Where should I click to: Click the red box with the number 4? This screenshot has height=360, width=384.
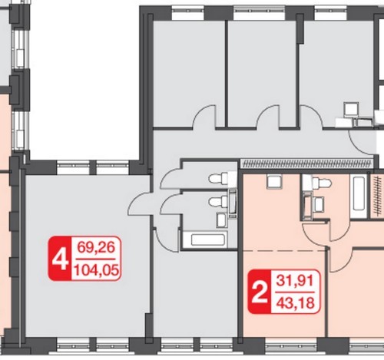pyautogui.click(x=60, y=259)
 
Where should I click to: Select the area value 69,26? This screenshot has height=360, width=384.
pyautogui.click(x=96, y=247)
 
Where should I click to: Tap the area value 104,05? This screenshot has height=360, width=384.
pyautogui.click(x=96, y=269)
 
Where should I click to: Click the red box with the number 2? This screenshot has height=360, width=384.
pyautogui.click(x=260, y=292)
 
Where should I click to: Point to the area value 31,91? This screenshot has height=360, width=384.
pyautogui.click(x=295, y=281)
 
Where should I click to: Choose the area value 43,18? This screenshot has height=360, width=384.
pyautogui.click(x=295, y=303)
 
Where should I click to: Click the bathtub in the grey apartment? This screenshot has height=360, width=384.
pyautogui.click(x=207, y=239)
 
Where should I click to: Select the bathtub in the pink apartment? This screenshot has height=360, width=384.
pyautogui.click(x=359, y=193)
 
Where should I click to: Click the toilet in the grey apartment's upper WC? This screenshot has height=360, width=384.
pyautogui.click(x=218, y=178)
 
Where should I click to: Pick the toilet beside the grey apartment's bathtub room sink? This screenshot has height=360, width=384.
pyautogui.click(x=218, y=201)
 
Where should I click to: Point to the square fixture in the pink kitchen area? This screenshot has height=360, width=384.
pyautogui.click(x=274, y=181)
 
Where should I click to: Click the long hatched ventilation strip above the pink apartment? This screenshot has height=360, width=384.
pyautogui.click(x=306, y=163)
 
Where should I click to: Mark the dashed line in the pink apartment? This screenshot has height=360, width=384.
pyautogui.click(x=284, y=251)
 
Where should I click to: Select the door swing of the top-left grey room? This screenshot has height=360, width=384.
pyautogui.click(x=204, y=117)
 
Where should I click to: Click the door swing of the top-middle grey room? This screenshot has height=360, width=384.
pyautogui.click(x=268, y=117)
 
